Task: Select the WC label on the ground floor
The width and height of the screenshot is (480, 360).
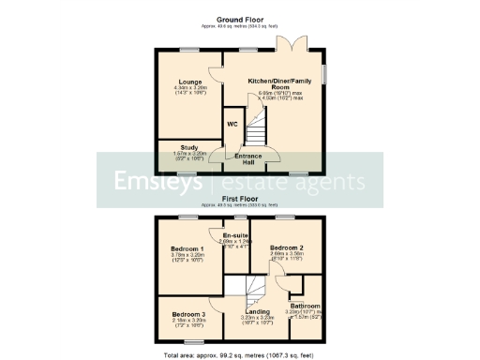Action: click(232, 124)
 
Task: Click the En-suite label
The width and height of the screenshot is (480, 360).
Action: click(235, 235)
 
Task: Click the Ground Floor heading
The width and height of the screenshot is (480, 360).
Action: click(239, 20)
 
